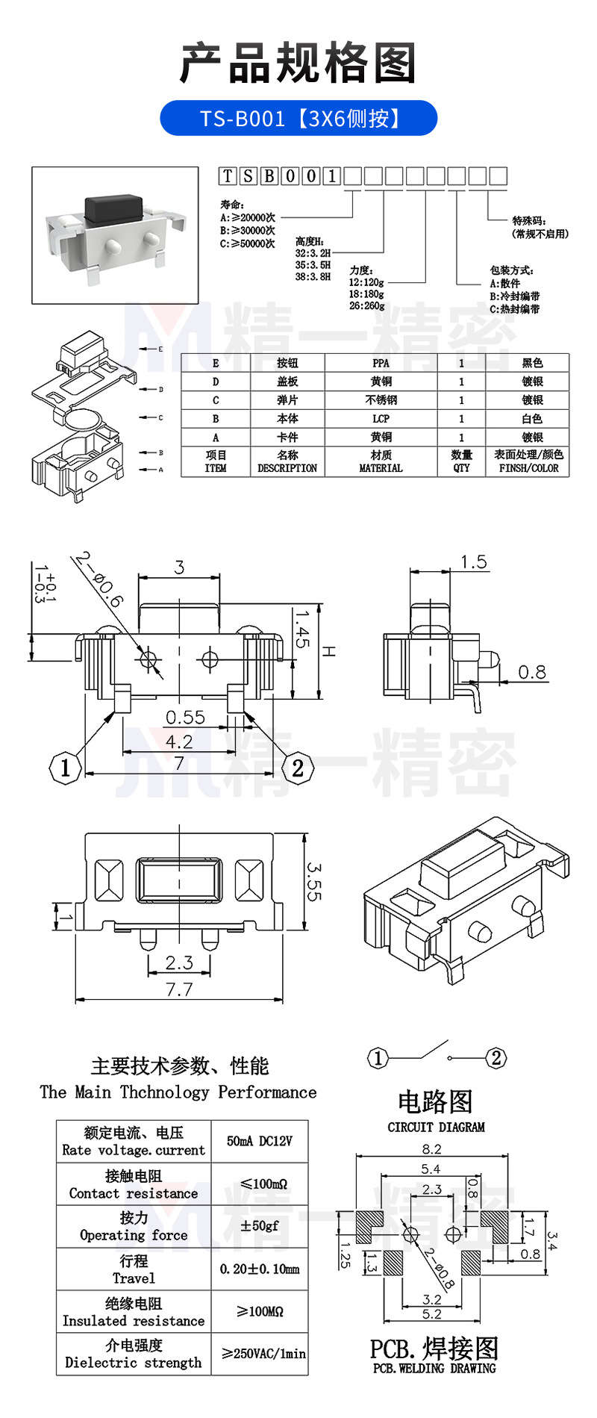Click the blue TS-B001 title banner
point(298,118)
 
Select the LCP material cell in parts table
point(381,419)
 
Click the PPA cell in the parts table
point(381,363)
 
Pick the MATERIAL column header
point(381,461)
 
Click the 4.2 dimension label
point(179,741)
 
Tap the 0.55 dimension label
point(184,718)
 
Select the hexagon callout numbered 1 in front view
point(65,767)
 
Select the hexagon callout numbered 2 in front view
point(298,767)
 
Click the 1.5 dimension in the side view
point(473,562)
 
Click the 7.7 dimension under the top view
point(179,990)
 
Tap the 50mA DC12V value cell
point(259,1141)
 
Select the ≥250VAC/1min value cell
point(263,1354)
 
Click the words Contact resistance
point(134,1193)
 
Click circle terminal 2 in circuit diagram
point(496,1057)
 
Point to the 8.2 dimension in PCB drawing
point(431,1149)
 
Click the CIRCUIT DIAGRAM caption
point(436,1127)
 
